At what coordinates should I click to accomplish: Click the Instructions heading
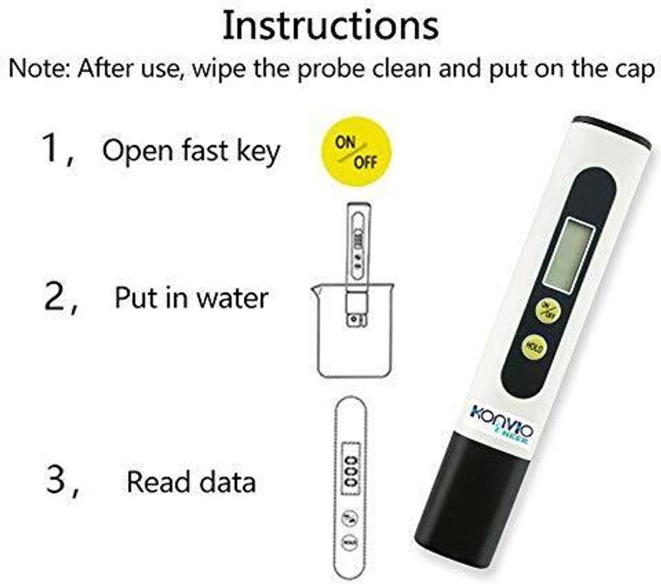[x=330, y=26]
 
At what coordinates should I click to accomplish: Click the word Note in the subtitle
[x=37, y=70]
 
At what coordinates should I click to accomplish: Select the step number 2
[x=56, y=297]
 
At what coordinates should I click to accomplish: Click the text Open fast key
[x=191, y=150]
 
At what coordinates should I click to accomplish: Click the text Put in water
[x=191, y=297]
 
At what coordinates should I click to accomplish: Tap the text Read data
[x=191, y=482]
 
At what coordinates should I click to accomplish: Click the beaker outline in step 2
[x=352, y=354]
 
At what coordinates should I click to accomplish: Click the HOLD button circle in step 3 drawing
[x=349, y=543]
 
